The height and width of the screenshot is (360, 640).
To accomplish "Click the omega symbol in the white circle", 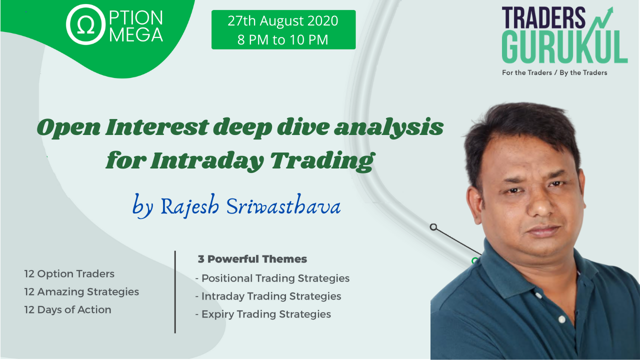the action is [85, 25].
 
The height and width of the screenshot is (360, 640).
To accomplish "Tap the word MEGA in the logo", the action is [136, 35].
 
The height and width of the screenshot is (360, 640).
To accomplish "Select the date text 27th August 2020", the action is [283, 21].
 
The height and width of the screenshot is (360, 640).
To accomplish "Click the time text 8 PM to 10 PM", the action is [283, 39].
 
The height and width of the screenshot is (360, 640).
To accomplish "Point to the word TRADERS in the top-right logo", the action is [543, 17].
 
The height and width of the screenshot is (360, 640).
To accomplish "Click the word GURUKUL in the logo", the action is [564, 46].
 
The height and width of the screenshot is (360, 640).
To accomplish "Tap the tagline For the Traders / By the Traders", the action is [554, 72].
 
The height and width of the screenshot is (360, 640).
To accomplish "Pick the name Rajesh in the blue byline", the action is [190, 206].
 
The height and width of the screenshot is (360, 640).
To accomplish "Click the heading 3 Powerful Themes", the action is [252, 259].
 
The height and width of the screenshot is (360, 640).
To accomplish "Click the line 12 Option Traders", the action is [69, 273].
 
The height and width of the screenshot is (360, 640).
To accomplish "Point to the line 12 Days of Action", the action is [67, 309].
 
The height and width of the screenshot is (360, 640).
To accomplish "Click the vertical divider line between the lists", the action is [175, 291].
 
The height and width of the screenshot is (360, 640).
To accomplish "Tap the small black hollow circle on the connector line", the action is [433, 227].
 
